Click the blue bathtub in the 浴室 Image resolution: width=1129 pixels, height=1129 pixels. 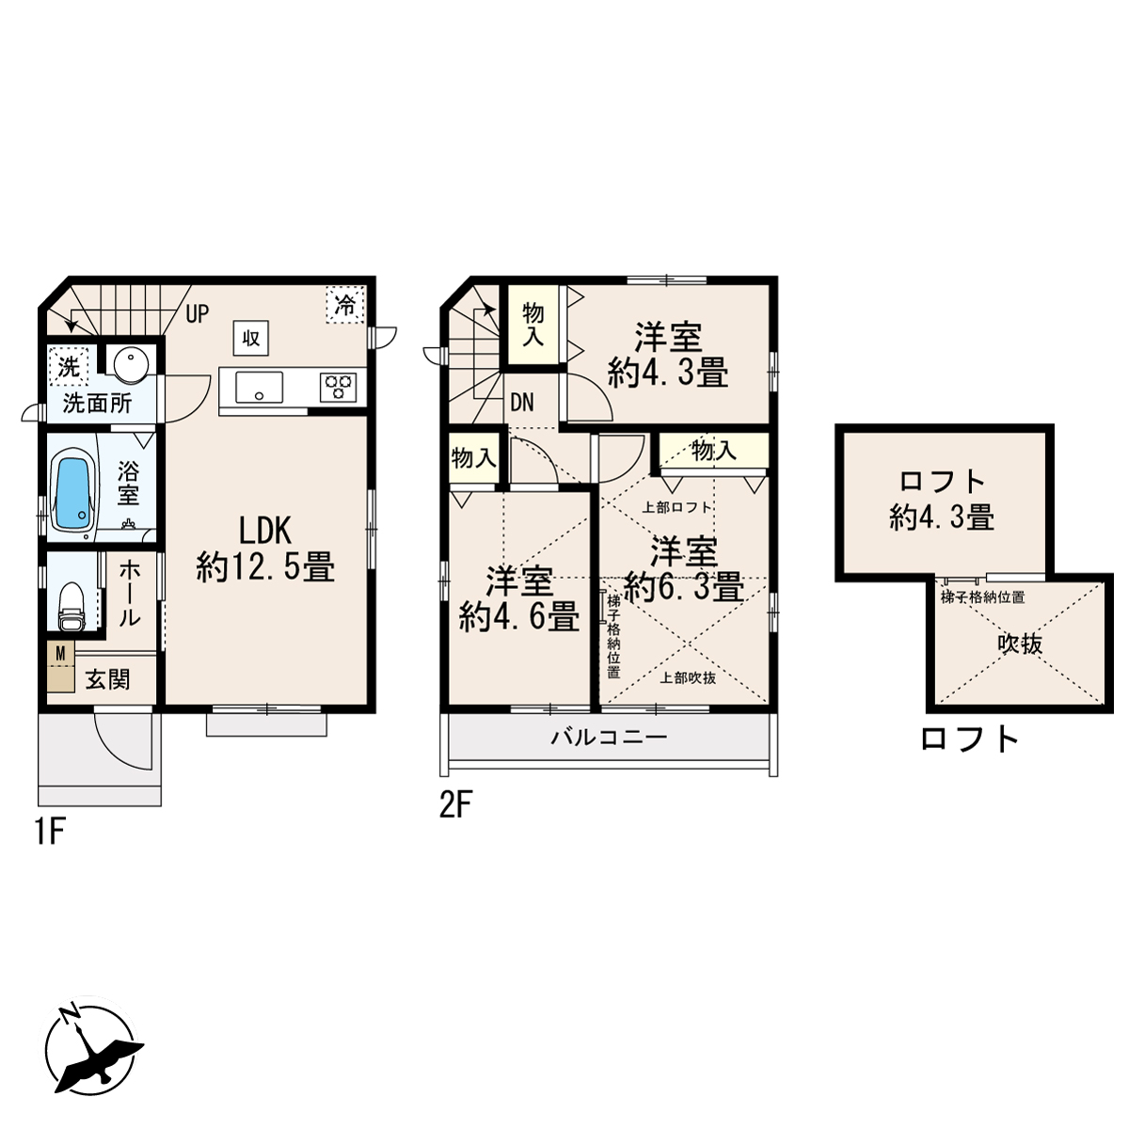point(73,494)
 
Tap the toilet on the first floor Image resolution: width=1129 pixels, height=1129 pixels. point(72,606)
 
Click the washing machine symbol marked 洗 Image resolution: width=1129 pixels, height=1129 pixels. point(69,367)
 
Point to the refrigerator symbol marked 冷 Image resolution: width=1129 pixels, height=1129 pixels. point(345,304)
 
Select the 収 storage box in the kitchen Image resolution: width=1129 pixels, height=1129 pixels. point(251,338)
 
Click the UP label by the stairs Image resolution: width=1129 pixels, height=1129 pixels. point(197,314)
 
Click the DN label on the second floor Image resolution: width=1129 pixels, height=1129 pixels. point(522,403)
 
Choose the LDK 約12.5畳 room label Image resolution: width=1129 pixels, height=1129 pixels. point(265,549)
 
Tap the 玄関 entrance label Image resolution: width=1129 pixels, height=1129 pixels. point(108,679)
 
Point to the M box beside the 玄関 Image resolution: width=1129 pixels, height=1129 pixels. point(60,653)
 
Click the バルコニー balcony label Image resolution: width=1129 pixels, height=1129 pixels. point(609,737)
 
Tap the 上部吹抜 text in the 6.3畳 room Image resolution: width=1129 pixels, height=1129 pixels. point(688,678)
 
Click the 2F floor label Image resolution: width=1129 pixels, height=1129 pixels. point(455,805)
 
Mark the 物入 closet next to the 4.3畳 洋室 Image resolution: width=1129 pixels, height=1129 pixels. point(533,324)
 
